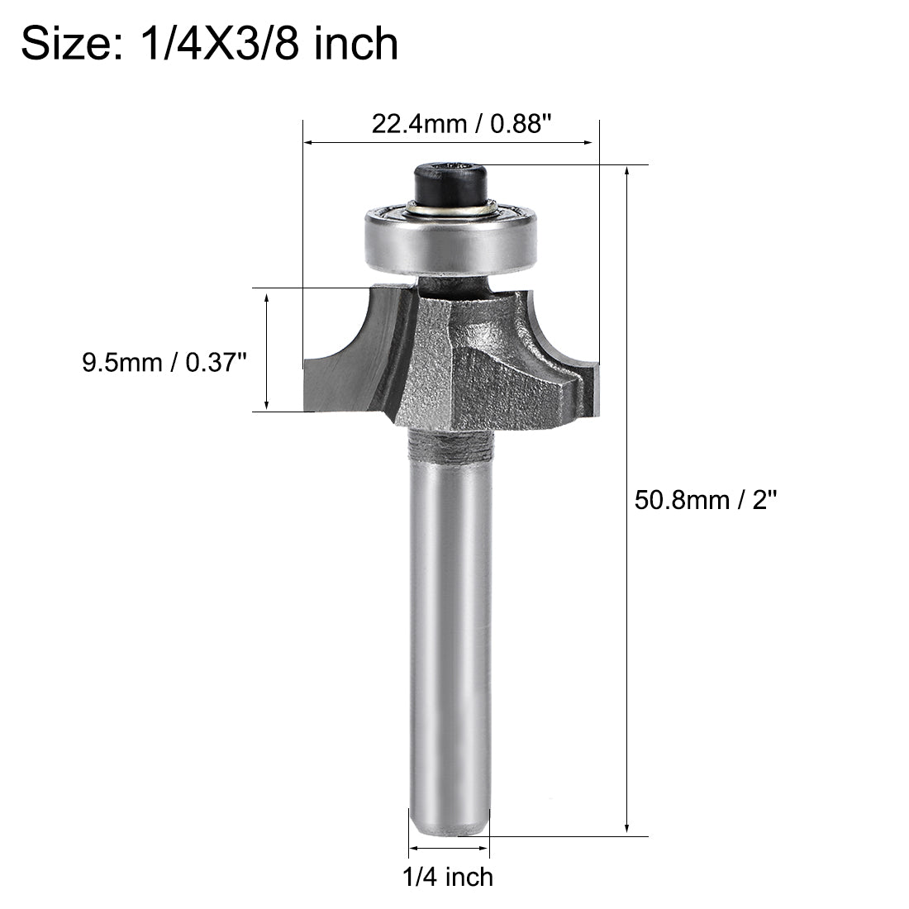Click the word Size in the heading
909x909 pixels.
point(71,43)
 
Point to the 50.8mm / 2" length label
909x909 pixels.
point(707,500)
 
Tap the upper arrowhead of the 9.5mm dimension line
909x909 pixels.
point(266,295)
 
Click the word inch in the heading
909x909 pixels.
point(357,43)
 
